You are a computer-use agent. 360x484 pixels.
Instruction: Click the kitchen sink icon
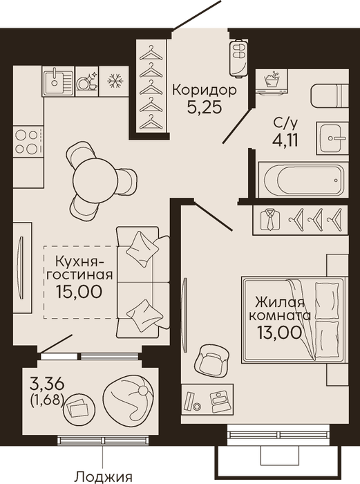(x=59, y=81)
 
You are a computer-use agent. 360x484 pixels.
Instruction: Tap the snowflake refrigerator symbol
(x=115, y=81)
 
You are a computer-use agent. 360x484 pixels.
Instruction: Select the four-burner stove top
(x=27, y=141)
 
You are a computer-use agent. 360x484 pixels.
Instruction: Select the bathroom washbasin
(x=332, y=138)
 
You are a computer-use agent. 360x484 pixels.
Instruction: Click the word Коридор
(x=205, y=91)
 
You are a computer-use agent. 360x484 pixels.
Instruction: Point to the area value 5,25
(x=205, y=107)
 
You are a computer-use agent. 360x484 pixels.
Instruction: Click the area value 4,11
(x=285, y=140)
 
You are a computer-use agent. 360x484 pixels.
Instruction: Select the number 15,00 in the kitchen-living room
(x=79, y=291)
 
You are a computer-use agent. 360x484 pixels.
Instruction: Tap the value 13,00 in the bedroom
(x=279, y=333)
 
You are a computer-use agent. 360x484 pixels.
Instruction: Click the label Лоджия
(x=104, y=477)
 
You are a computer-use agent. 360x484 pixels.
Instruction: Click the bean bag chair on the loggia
(x=129, y=398)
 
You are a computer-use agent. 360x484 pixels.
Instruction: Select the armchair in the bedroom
(x=212, y=360)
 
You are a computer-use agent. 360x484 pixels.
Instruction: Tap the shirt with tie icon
(x=271, y=219)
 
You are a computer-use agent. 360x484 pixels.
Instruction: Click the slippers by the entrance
(x=238, y=57)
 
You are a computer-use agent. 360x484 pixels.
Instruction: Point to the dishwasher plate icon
(x=87, y=82)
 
